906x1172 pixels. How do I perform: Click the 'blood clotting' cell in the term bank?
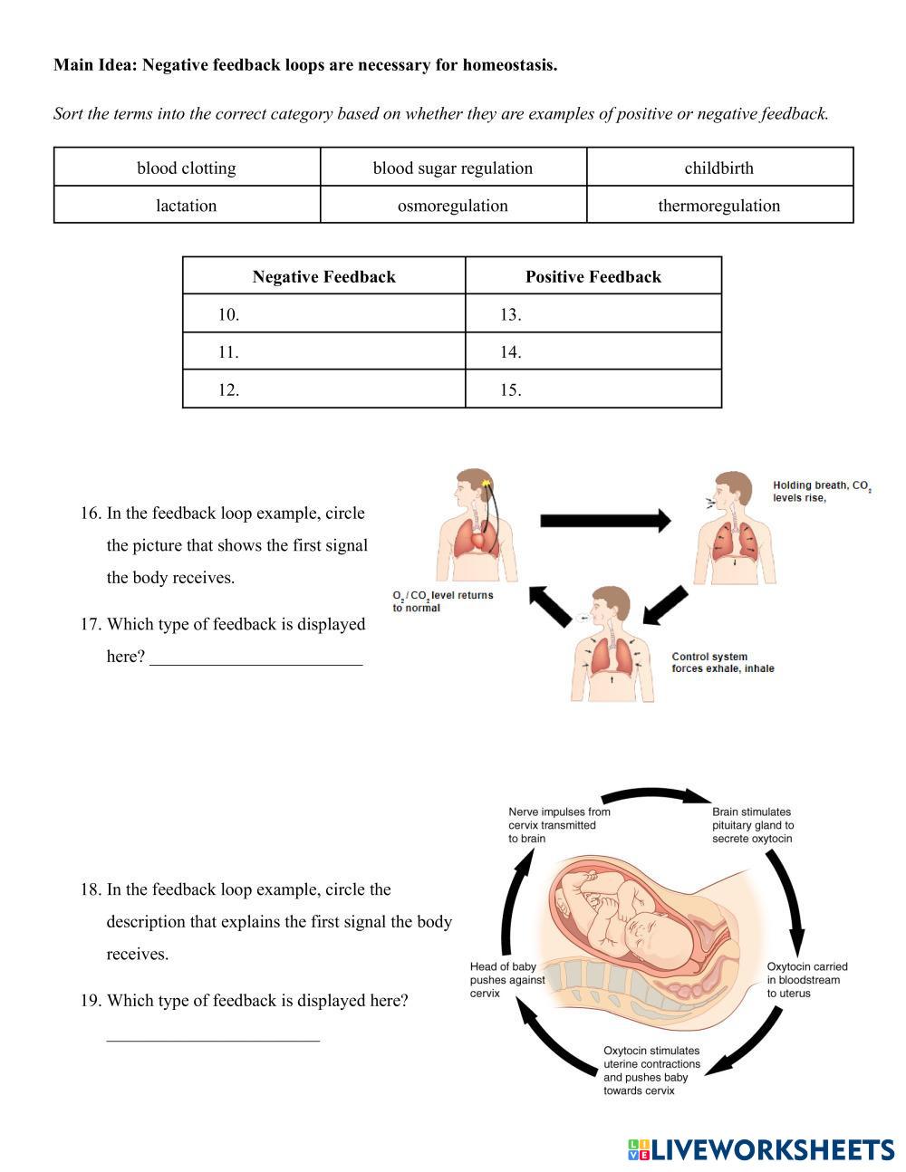tap(187, 168)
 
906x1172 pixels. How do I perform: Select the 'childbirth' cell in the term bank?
tap(719, 168)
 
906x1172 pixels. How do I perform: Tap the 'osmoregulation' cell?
tap(453, 206)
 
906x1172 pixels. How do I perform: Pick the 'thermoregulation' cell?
tap(719, 206)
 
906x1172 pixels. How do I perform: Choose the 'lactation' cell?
tap(187, 206)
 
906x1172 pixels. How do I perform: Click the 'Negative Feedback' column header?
tap(323, 276)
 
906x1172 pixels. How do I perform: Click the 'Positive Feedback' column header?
tap(593, 276)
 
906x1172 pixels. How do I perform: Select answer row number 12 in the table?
tap(323, 389)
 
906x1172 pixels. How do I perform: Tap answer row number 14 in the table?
tap(593, 351)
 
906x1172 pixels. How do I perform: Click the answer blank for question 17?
tap(256, 656)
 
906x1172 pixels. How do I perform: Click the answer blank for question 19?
tap(213, 1033)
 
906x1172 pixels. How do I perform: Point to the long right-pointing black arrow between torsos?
tap(605, 521)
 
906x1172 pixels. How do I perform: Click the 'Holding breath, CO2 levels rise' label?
tap(822, 491)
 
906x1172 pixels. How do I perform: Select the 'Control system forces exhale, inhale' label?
tap(722, 663)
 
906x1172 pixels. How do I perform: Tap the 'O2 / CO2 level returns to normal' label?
tap(442, 601)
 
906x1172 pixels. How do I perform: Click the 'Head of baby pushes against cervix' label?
tap(507, 980)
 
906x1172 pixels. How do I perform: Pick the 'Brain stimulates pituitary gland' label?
tap(752, 825)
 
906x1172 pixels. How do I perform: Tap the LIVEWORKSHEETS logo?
tap(761, 1150)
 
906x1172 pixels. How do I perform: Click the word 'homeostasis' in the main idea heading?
tap(508, 65)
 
